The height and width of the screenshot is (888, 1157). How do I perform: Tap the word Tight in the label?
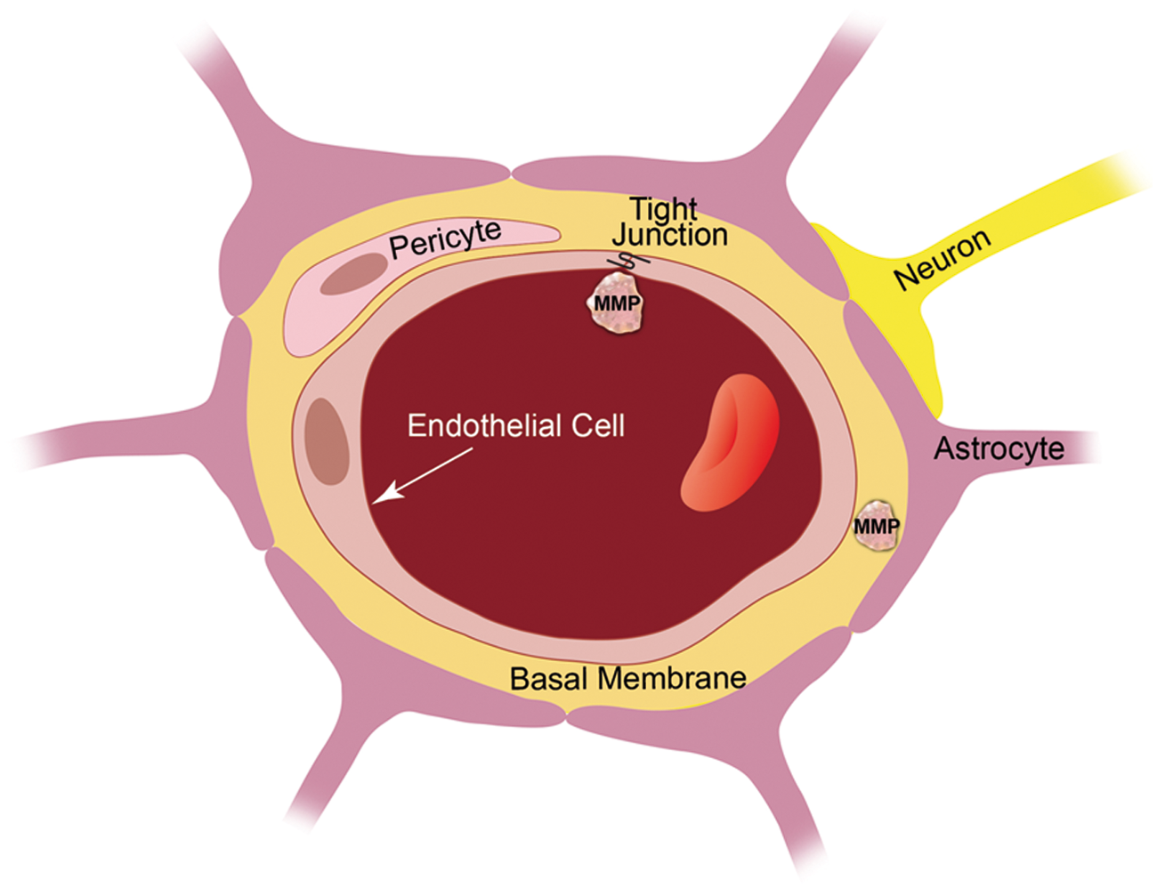(x=663, y=210)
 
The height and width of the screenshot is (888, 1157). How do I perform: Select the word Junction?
(x=670, y=235)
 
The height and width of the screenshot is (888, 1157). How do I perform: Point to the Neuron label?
(x=943, y=259)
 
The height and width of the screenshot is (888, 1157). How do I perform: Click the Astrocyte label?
(x=999, y=448)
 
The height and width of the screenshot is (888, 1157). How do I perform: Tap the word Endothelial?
(x=483, y=425)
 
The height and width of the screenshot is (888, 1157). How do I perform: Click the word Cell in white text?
(x=598, y=425)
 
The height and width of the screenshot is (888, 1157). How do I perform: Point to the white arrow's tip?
(x=372, y=504)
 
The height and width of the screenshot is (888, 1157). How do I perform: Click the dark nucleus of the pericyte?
(x=353, y=273)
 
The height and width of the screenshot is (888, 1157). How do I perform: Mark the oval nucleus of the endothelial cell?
(x=327, y=441)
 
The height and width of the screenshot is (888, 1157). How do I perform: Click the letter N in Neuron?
(x=903, y=278)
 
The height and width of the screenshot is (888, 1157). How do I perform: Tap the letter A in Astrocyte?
(x=945, y=448)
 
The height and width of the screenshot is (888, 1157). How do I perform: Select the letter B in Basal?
(x=519, y=678)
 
